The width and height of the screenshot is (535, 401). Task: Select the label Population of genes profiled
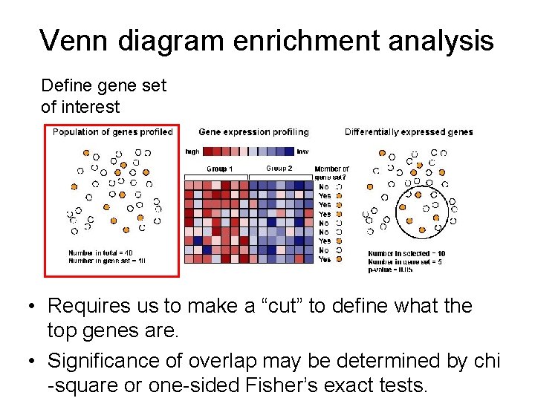coord(112,132)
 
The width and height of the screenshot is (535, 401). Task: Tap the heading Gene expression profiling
coord(253,132)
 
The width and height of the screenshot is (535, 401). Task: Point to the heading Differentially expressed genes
coord(409,132)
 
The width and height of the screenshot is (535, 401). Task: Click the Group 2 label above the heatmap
coord(279,169)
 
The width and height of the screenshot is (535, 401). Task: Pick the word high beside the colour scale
coord(192,152)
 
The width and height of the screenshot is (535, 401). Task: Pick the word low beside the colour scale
coord(302,152)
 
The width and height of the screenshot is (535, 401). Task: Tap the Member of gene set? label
coord(331,173)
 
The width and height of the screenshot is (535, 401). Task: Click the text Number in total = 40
coord(100,253)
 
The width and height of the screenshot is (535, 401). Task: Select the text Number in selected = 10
coord(406,254)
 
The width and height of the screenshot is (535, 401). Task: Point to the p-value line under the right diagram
coord(390,269)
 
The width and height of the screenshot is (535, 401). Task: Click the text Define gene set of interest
coord(103,96)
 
